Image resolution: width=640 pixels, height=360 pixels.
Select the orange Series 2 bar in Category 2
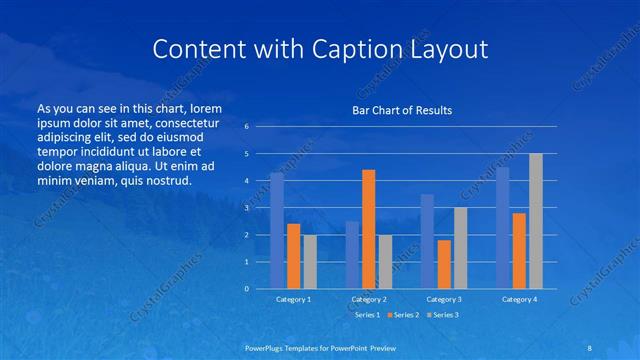tap(368, 229)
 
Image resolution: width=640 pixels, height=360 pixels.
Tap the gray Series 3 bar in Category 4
tap(536, 221)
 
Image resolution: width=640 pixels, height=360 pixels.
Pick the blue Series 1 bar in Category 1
tap(277, 230)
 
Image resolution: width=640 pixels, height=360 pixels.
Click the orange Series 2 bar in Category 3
tap(444, 264)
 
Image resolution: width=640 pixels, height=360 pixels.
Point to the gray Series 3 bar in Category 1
tap(310, 261)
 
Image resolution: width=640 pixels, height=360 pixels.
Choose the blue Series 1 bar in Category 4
tap(503, 227)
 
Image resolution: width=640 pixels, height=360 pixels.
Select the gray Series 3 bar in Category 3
tap(460, 248)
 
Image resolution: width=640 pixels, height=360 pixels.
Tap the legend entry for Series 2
tap(403, 314)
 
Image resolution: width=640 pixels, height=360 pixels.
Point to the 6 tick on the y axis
tap(247, 127)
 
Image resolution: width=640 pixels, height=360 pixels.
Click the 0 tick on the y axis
tap(247, 288)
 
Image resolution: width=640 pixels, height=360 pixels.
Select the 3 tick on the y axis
tap(247, 208)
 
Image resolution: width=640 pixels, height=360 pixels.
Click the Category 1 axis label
tap(293, 299)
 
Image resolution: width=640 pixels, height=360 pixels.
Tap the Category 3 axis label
tap(443, 299)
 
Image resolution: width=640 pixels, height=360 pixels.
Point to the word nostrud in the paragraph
tap(161, 180)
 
